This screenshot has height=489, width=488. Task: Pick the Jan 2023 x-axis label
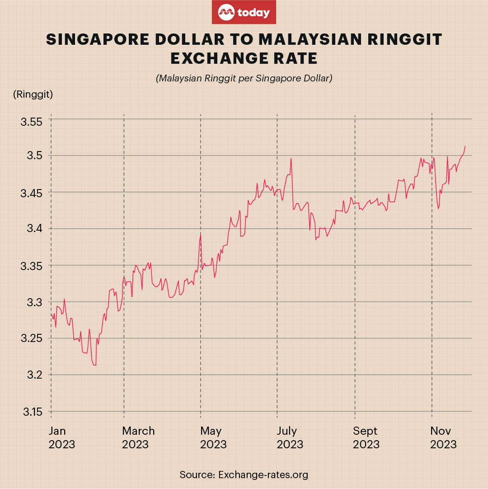click(62, 437)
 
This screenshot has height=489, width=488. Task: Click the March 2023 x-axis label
click(138, 437)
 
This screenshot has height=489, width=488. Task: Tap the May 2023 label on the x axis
click(213, 437)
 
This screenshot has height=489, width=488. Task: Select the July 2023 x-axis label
click(290, 437)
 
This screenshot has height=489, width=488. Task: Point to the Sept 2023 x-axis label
click(366, 437)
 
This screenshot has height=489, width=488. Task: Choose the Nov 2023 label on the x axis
click(443, 437)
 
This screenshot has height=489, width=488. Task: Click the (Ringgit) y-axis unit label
click(33, 95)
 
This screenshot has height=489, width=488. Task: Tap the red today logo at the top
click(244, 13)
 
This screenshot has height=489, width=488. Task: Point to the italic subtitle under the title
click(244, 78)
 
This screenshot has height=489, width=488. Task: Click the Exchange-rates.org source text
click(263, 475)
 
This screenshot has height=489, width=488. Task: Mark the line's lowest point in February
click(94, 365)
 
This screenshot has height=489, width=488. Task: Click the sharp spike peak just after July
click(291, 158)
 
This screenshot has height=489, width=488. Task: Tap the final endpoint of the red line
click(465, 146)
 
